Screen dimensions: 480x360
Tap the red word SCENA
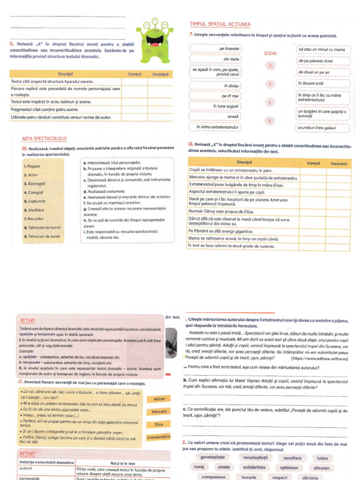270,53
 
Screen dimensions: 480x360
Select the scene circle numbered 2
270,84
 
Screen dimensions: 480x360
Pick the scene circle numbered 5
270,120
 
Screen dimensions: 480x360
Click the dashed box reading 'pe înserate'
216,49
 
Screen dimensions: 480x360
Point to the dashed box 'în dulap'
216,86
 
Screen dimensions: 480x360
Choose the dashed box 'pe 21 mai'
216,96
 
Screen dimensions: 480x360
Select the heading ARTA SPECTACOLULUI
45,139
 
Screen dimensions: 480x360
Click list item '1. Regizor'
32,166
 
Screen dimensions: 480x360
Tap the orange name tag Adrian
159,399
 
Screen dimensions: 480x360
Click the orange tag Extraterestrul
159,437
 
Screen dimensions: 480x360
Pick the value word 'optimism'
289,467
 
